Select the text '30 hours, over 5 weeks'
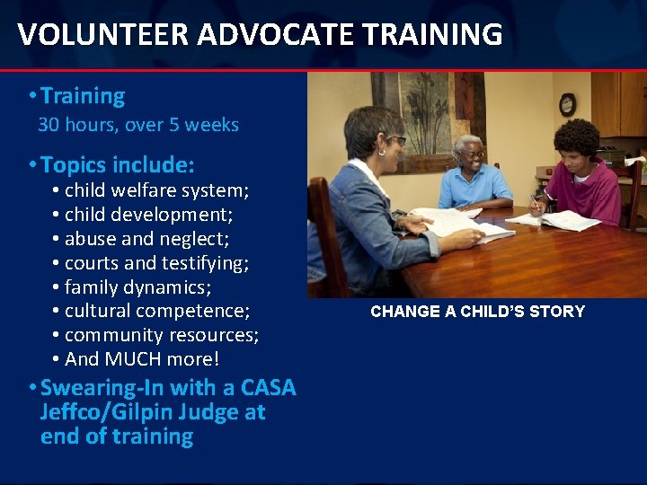click(138, 125)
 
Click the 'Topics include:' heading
click(117, 165)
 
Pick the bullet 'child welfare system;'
click(157, 190)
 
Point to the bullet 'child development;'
click(149, 215)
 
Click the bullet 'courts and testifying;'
click(157, 263)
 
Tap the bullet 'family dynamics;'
click(138, 287)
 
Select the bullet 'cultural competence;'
click(157, 312)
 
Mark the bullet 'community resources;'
click(162, 335)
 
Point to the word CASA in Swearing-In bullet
click(269, 388)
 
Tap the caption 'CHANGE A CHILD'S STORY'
click(477, 312)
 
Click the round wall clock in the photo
click(567, 104)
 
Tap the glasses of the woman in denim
click(396, 141)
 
